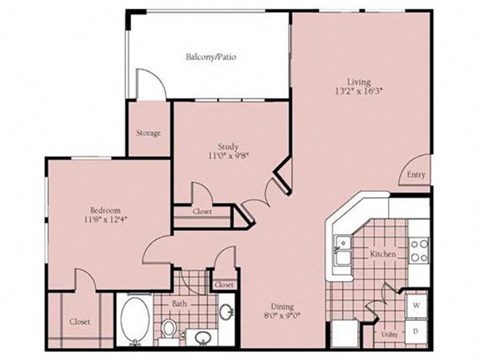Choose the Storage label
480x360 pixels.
[x=148, y=133]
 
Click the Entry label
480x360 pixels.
[x=415, y=174]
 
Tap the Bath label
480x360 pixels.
[x=178, y=302]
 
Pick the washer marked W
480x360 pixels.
[x=415, y=303]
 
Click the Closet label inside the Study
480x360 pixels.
[x=201, y=212]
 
